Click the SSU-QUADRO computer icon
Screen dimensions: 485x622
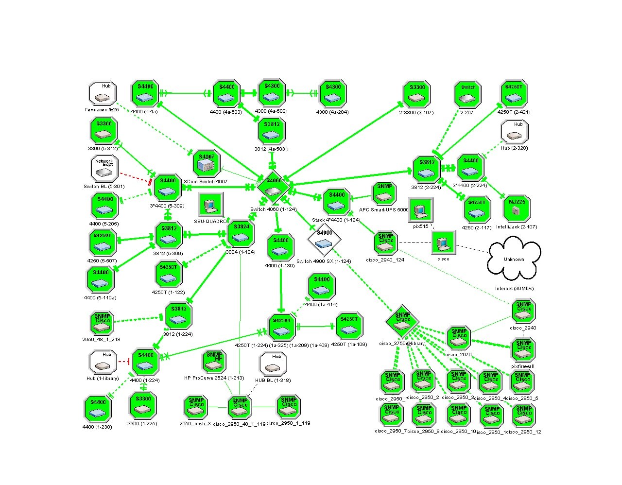coord(211,205)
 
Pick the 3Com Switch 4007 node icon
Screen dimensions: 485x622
coord(207,164)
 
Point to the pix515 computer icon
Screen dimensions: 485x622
coord(420,210)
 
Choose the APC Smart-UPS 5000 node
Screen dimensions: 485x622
coord(384,193)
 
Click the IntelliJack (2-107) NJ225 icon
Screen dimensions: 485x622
coord(517,208)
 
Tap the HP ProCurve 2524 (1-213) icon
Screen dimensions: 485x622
coord(214,362)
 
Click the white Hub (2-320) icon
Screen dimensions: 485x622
coord(514,132)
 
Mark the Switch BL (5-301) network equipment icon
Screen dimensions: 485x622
coord(104,169)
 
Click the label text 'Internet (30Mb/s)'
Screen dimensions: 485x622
coord(514,289)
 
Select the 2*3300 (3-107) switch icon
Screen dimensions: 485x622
coord(417,94)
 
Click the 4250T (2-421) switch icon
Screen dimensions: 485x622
coord(514,94)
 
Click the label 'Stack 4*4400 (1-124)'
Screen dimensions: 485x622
coord(336,220)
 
